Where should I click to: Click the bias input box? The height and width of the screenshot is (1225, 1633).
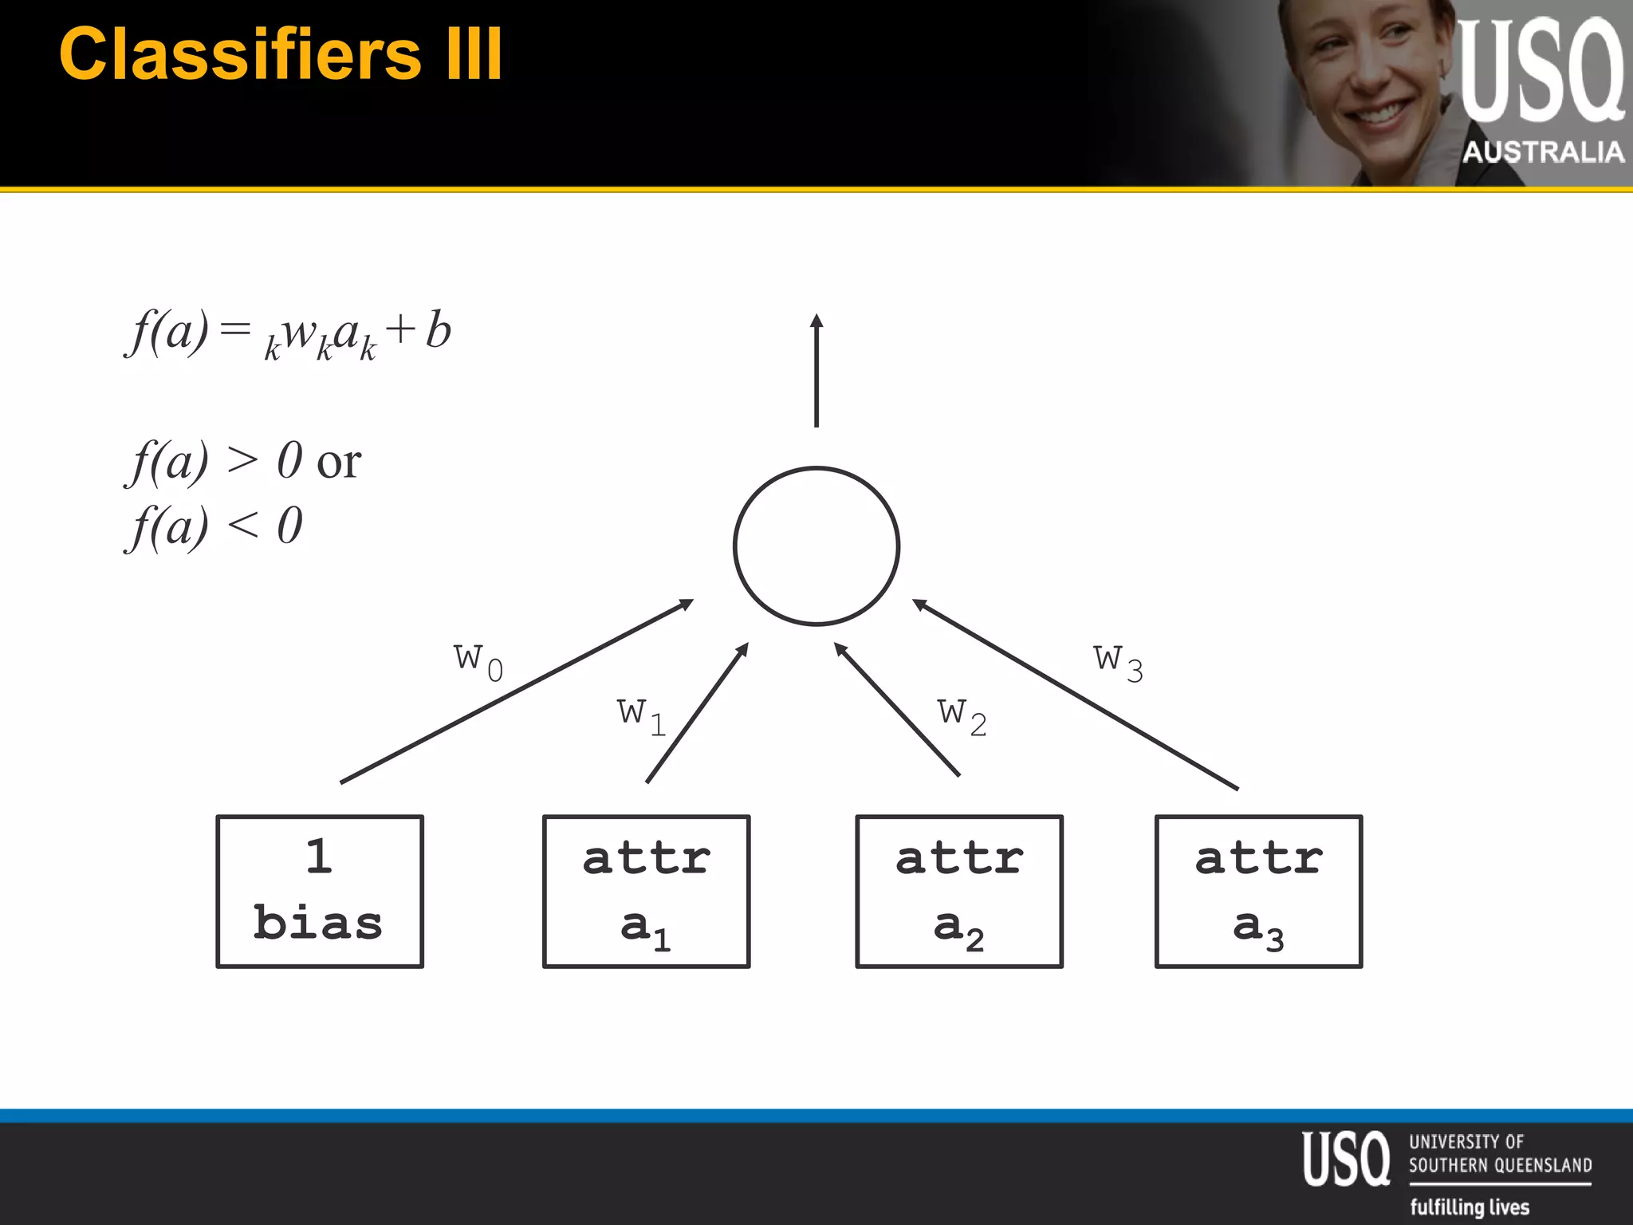[320, 891]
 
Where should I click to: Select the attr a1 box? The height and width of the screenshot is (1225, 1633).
[646, 891]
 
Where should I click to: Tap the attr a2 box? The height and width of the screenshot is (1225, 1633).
[958, 891]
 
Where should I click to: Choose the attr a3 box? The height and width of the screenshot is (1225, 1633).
[1258, 891]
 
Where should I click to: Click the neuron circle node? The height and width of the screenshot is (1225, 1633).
[816, 546]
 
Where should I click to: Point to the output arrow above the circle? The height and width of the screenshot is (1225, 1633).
[816, 370]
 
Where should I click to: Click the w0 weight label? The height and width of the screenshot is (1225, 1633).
[478, 660]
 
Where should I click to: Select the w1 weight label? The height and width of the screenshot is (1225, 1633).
[641, 715]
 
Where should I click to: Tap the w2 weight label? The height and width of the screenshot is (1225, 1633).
[962, 715]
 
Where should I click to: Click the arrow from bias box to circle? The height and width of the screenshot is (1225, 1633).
[517, 691]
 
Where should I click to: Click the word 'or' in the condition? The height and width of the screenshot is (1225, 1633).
[339, 463]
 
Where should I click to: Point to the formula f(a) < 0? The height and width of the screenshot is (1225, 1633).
[214, 526]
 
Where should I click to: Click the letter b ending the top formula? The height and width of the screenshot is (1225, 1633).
[439, 330]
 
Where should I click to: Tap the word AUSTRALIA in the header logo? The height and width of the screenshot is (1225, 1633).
[1542, 152]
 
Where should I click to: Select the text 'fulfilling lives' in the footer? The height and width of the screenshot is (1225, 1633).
[1470, 1207]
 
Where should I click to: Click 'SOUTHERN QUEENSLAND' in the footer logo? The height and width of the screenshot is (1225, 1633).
[1500, 1165]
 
